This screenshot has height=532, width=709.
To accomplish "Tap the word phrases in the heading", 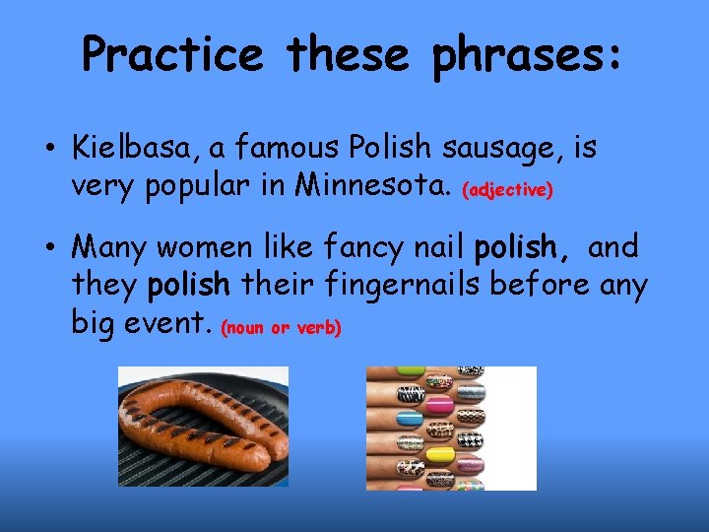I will (527, 55).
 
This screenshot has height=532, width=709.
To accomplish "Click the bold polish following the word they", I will (189, 285).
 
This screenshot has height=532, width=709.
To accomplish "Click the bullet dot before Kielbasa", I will (46, 151).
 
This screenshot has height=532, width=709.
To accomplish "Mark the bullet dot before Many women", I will (46, 247).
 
